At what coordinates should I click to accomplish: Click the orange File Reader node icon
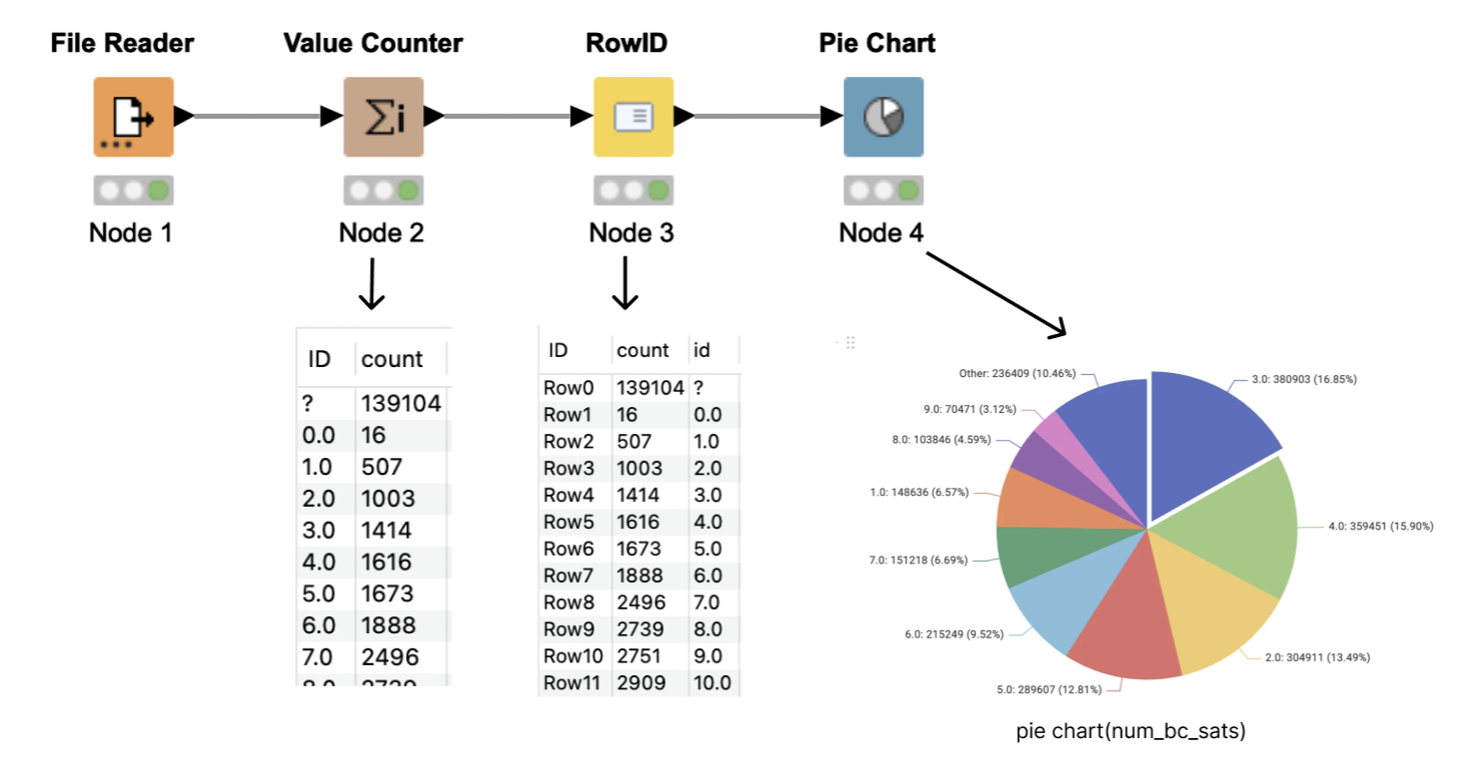tap(134, 117)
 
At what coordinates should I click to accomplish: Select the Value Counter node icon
tap(383, 117)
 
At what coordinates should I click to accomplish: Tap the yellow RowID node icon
tap(634, 117)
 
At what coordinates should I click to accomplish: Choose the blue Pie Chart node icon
tap(883, 117)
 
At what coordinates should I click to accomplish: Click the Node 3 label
tap(631, 233)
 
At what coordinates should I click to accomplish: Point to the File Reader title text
tap(122, 43)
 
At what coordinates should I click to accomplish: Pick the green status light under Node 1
tap(157, 190)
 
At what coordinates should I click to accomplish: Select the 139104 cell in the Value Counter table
tap(400, 403)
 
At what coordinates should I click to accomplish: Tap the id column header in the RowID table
tap(703, 351)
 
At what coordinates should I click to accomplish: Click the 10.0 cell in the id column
tap(712, 682)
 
